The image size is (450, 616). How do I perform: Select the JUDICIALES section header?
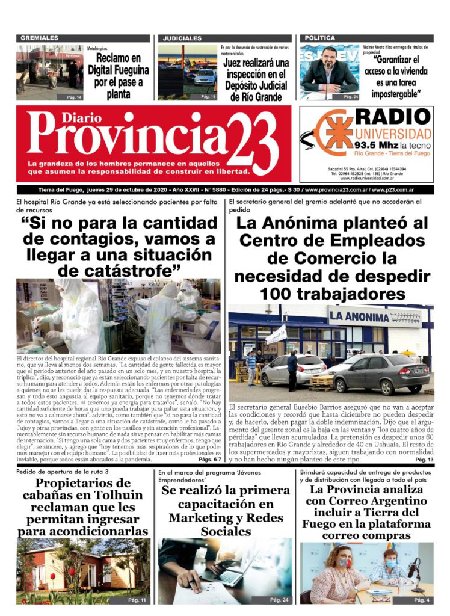(x=182, y=38)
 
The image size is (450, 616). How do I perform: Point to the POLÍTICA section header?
(x=320, y=38)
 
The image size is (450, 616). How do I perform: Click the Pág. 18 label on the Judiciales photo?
(x=208, y=96)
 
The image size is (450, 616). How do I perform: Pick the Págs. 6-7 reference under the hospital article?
(x=211, y=476)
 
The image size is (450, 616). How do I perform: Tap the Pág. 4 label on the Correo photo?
(x=421, y=600)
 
